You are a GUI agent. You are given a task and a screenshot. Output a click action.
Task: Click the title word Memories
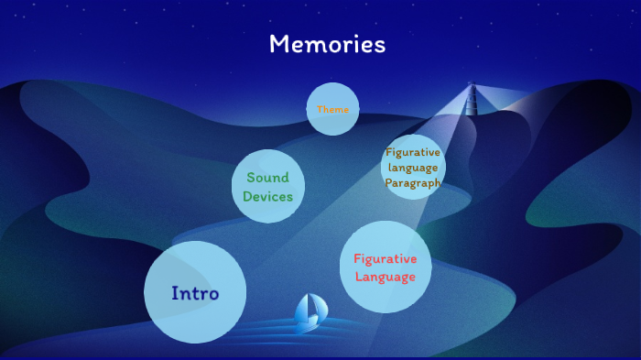[327, 44]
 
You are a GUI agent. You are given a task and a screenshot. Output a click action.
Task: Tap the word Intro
[195, 293]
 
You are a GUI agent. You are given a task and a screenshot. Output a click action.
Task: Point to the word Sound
[267, 178]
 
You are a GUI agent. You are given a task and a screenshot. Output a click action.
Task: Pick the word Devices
[267, 196]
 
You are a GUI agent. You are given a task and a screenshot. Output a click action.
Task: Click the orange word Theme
[332, 109]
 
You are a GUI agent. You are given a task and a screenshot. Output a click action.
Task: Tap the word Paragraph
[413, 183]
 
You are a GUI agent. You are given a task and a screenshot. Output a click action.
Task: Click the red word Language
[386, 277]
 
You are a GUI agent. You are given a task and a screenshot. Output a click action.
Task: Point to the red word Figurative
[386, 259]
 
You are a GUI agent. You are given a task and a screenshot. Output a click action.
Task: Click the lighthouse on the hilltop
[473, 99]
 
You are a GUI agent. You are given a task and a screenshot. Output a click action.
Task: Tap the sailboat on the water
[308, 313]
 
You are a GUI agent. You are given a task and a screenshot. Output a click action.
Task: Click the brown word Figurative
[413, 152]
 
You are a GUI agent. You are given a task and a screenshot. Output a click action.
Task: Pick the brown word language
[413, 168]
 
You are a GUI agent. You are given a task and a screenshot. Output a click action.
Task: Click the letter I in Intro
[174, 293]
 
